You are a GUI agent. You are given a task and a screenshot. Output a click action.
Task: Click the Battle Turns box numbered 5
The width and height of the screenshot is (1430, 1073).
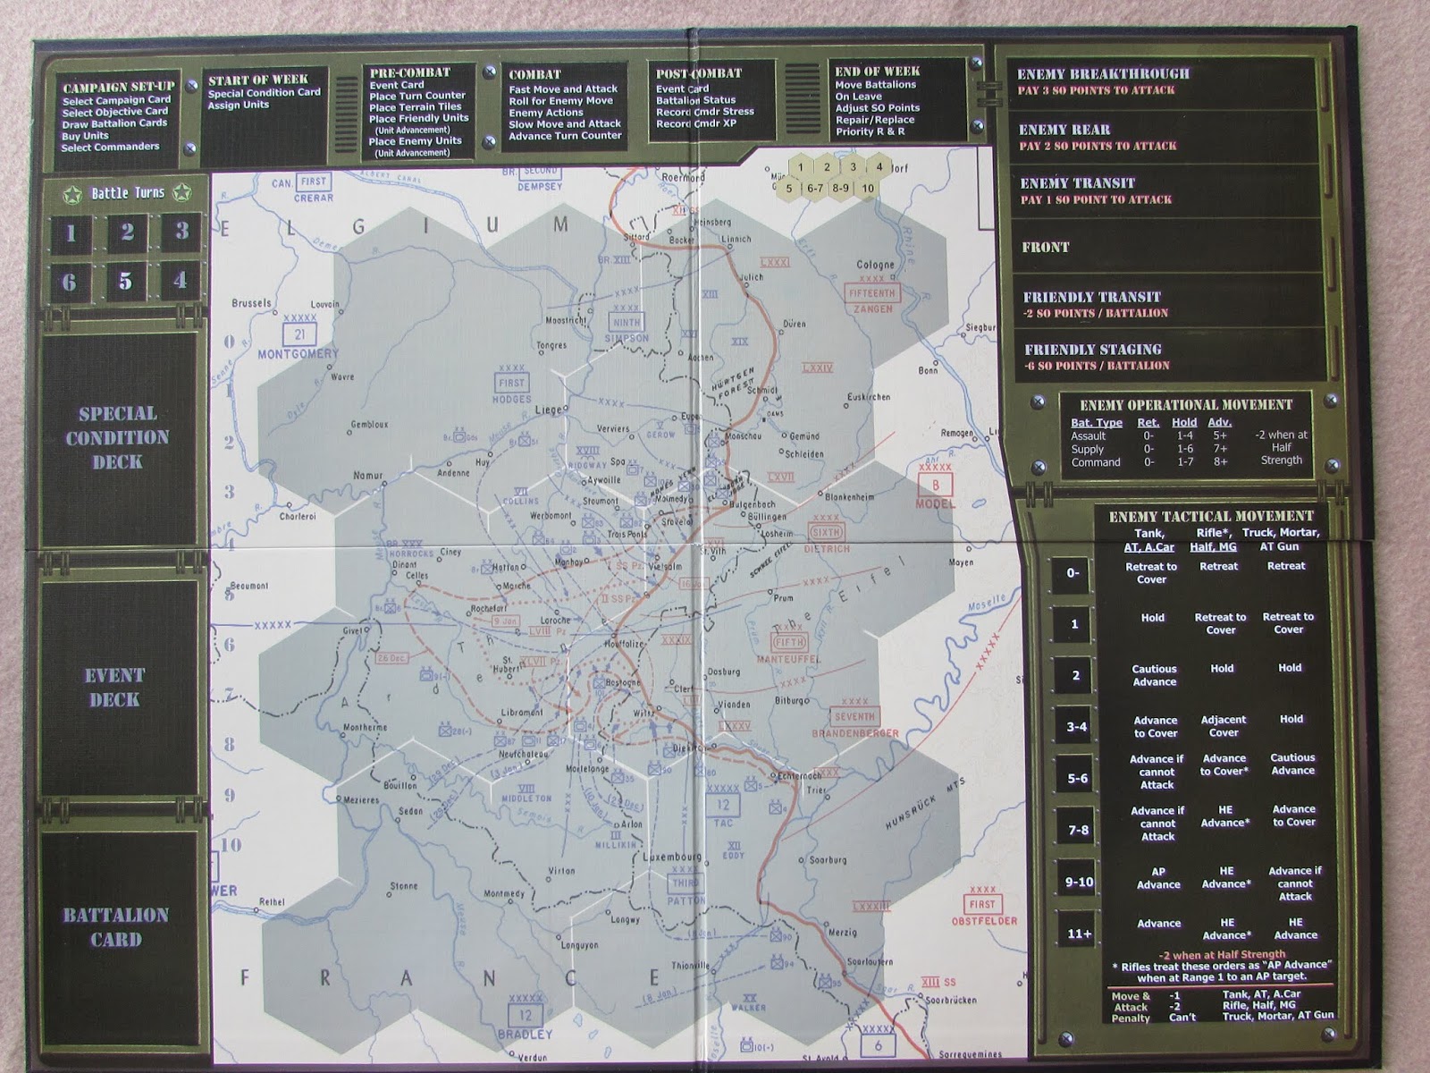[x=125, y=282]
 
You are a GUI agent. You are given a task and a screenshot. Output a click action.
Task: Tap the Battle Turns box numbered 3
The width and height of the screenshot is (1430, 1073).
[x=181, y=231]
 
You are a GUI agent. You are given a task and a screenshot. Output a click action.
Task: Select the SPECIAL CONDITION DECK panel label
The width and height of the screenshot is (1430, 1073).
[x=117, y=437]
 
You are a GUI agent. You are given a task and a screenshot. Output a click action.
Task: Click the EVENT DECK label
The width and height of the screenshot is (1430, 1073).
[x=114, y=687]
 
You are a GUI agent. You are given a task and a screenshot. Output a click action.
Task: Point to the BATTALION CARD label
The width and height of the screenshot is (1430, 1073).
[x=115, y=926]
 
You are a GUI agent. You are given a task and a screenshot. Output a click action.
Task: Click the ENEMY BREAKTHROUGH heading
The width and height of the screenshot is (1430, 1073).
[x=1103, y=74]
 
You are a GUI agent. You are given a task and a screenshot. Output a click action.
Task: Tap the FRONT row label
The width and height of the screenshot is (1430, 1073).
[x=1045, y=247]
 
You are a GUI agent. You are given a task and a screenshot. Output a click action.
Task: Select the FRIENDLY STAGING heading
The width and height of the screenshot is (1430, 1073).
[x=1092, y=350]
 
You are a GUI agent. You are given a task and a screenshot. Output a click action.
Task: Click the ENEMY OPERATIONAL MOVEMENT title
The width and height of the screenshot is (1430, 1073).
[x=1185, y=405]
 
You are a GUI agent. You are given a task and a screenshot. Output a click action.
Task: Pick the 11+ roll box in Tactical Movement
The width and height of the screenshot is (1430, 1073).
[x=1079, y=934]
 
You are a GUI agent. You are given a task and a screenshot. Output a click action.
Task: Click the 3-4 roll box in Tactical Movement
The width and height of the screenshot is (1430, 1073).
[x=1076, y=727]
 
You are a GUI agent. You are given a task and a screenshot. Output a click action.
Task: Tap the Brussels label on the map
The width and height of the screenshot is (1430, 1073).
[x=250, y=303]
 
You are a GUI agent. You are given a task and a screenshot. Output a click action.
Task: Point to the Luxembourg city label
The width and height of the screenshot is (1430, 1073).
[x=672, y=857]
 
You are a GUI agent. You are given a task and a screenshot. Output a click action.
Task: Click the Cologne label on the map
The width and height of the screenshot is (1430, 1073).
[x=874, y=265]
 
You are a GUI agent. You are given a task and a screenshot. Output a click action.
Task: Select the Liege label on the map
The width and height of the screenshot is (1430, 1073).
[x=549, y=410]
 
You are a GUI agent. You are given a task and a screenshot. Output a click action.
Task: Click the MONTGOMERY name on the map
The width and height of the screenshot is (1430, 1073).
[x=298, y=354]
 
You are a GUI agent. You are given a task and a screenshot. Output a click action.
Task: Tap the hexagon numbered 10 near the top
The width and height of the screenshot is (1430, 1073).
[x=868, y=189]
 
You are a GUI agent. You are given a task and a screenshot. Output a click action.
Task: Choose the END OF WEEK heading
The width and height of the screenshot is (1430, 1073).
[x=877, y=72]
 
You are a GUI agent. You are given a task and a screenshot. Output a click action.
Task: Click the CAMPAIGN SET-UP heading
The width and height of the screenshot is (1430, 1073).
[x=118, y=87]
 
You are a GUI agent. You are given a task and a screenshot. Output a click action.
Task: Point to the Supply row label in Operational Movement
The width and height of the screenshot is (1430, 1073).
[x=1087, y=449]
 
